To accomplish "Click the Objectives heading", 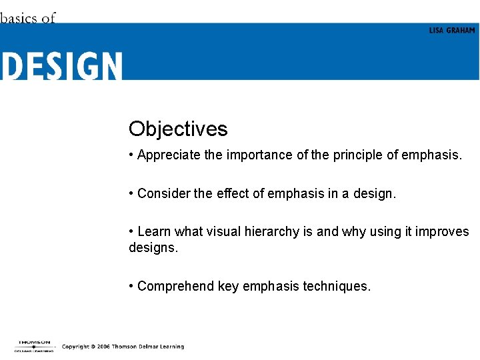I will tap(178, 129).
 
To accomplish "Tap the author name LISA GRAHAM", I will tap(452, 31).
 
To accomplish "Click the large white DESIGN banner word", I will tap(61, 67).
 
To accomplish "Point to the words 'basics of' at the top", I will tap(28, 18).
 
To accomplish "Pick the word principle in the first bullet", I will tap(358, 155).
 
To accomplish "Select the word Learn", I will tap(154, 232).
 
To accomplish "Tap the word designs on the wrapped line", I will tap(153, 248).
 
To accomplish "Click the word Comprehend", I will tap(176, 287).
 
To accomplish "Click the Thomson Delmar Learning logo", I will tap(34, 346).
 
